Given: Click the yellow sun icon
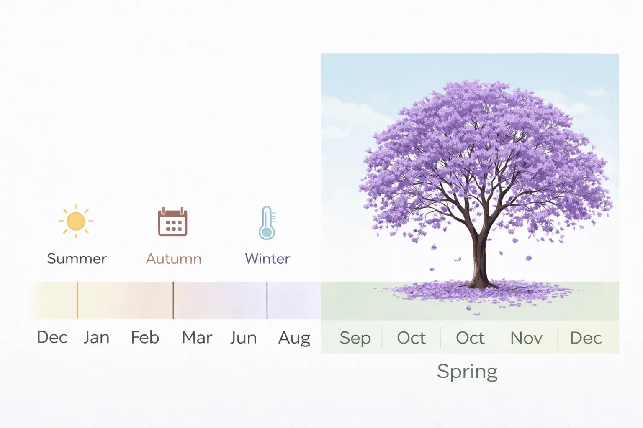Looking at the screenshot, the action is tap(76, 221).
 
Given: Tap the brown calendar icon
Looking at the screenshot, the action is tap(173, 222).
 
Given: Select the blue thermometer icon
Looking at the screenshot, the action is tap(267, 223).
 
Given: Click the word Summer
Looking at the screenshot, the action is tap(77, 259).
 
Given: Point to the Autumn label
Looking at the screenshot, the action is tap(174, 259).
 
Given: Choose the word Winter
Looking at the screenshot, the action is tap(267, 259).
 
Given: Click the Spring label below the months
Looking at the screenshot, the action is tap(467, 372).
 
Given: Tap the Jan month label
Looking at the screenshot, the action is tap(96, 337).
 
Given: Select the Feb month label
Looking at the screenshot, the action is tap(145, 337).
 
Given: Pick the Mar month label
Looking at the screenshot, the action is tap(197, 337).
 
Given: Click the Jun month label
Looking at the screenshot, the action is tap(243, 338).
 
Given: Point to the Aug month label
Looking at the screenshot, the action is tap(294, 339).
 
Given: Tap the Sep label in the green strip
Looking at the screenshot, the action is tap(355, 339).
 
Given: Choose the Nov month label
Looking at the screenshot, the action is tap(527, 338).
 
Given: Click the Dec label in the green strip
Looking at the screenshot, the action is tap(586, 338).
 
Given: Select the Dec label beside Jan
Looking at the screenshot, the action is tap(52, 337).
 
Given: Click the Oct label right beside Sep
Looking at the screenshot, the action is tap(412, 338).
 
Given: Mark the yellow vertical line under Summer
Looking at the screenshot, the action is tap(77, 300).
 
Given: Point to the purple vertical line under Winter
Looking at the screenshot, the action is tap(267, 300).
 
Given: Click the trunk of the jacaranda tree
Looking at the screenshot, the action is tap(480, 258).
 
